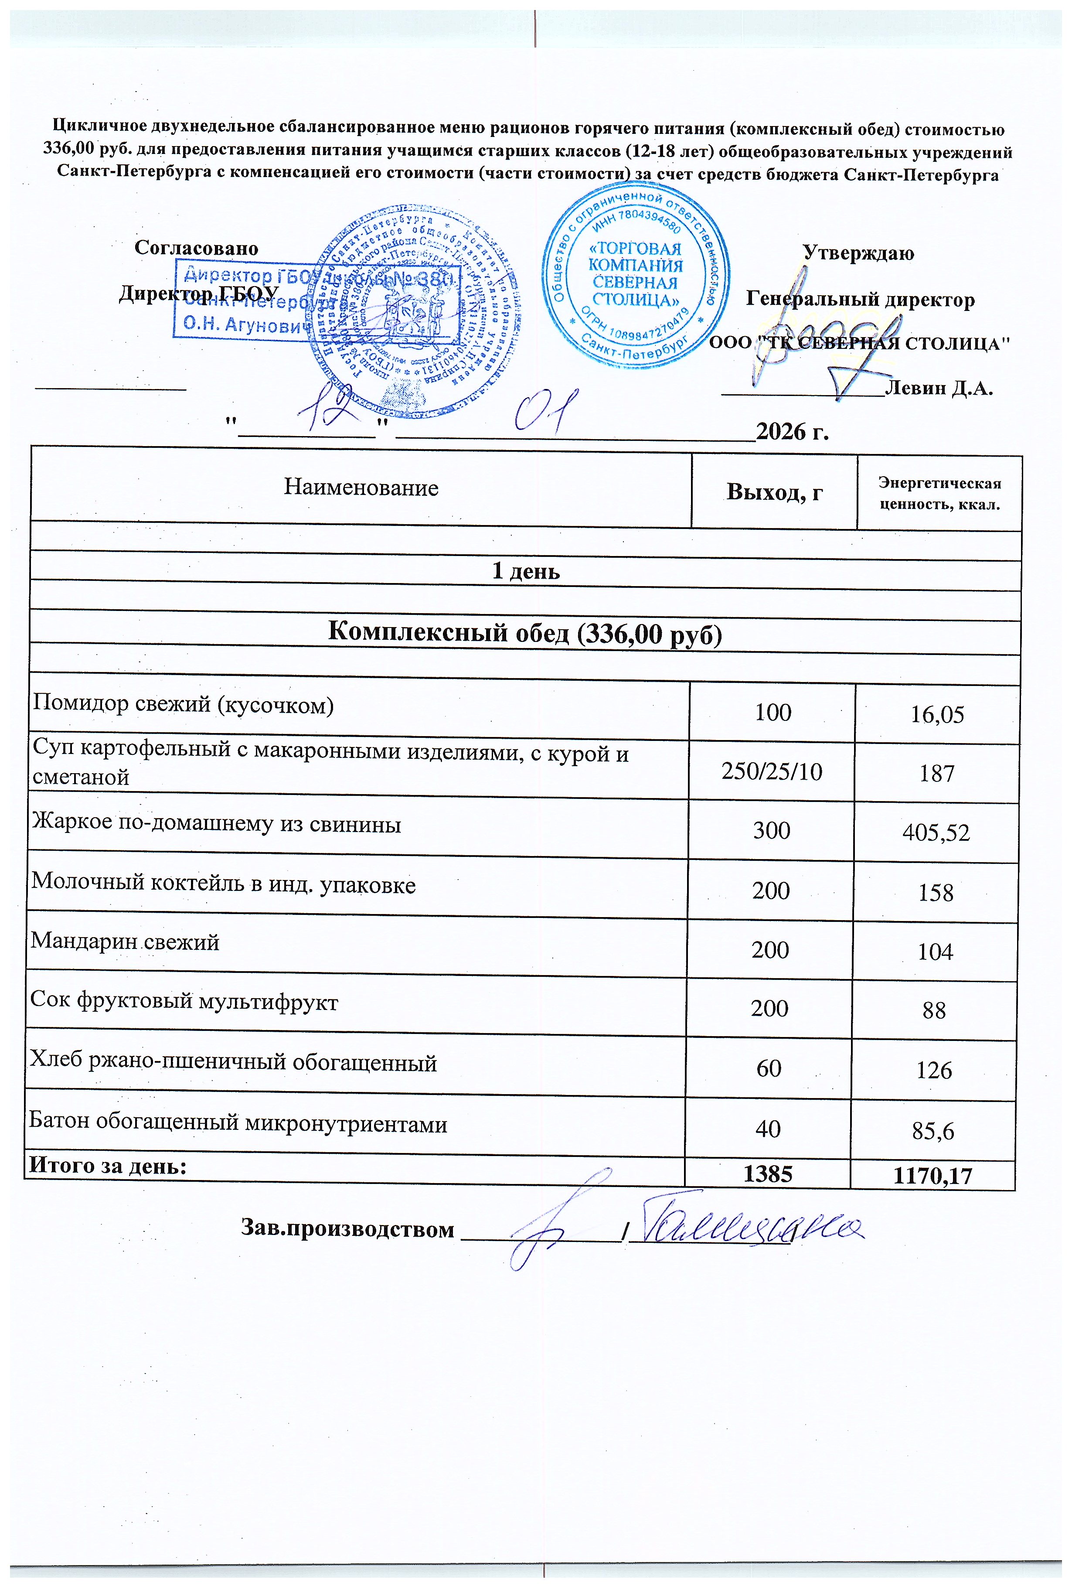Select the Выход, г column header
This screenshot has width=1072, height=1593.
(x=774, y=491)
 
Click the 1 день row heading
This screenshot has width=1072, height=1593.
(x=526, y=571)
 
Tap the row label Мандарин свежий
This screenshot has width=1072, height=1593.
(x=125, y=942)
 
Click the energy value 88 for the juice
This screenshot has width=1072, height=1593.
(x=934, y=1010)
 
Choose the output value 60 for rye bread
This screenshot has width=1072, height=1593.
(x=769, y=1068)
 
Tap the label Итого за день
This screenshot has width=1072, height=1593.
(x=107, y=1165)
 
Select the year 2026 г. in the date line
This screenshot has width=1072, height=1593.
(x=793, y=431)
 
